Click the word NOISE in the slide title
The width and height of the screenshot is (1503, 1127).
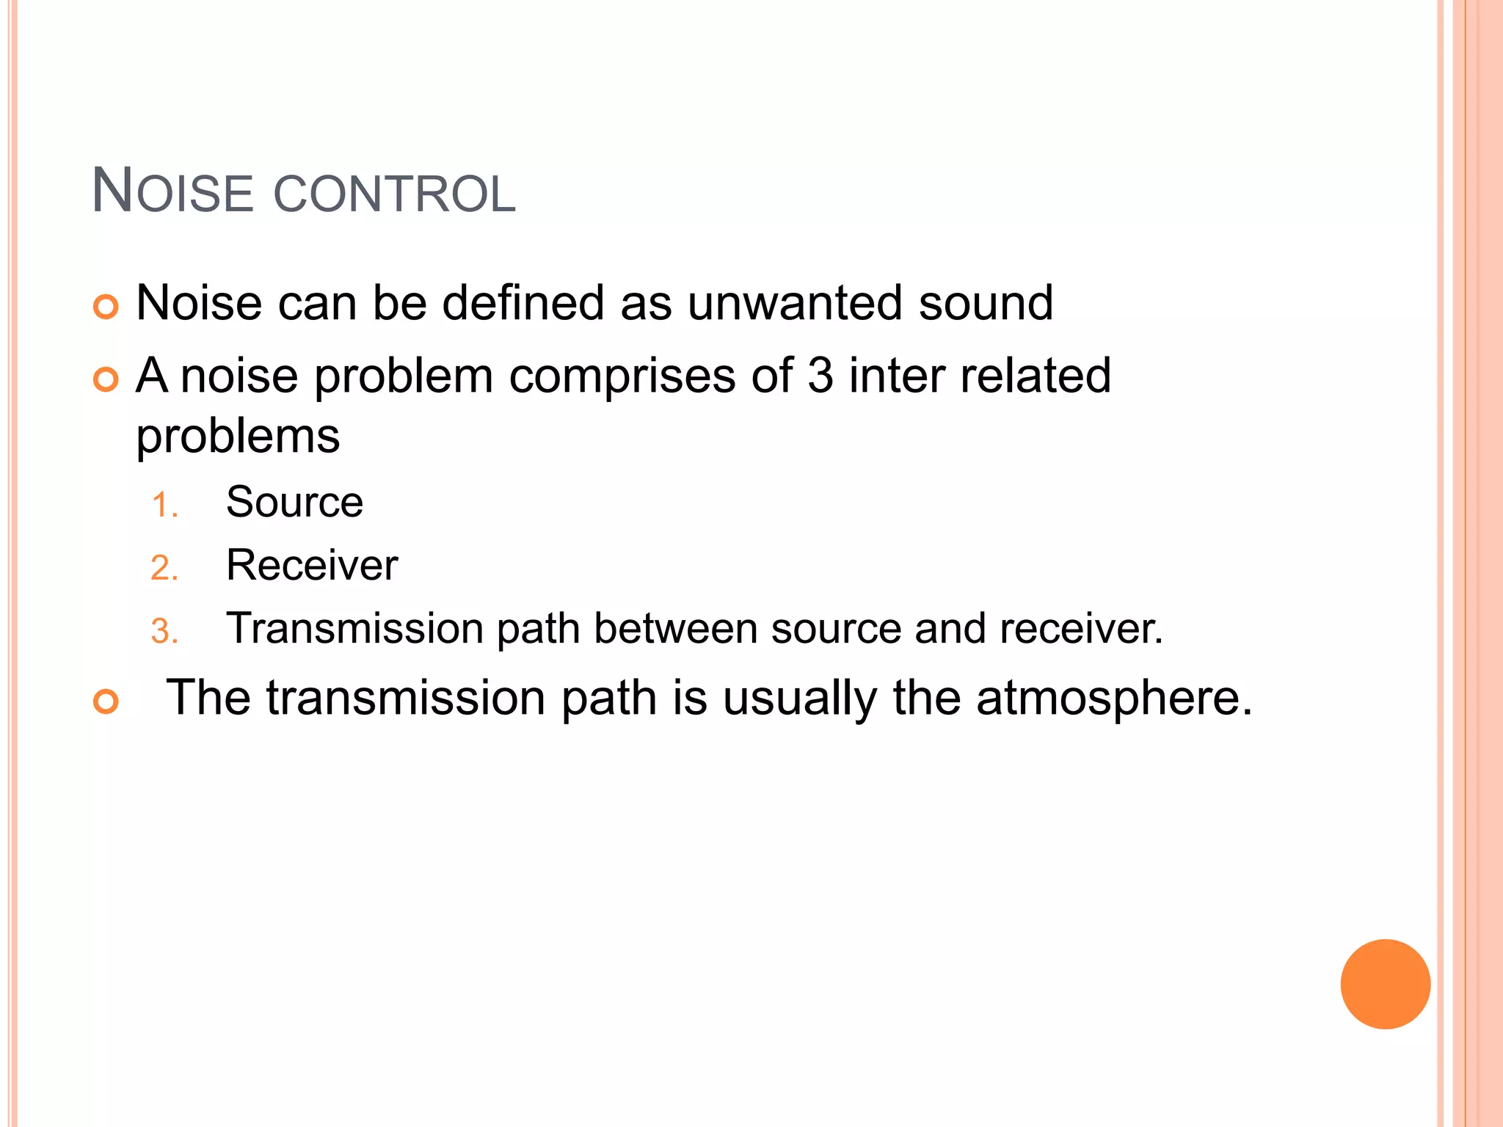tap(172, 192)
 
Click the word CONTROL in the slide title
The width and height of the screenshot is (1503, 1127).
tap(395, 194)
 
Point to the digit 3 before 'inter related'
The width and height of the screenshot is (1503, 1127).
tap(820, 376)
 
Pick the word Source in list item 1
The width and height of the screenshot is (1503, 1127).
tap(294, 503)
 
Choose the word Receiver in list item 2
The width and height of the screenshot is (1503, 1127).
tap(312, 566)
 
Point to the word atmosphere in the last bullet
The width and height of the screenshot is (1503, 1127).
tap(1113, 698)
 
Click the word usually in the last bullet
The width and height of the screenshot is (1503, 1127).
tap(799, 698)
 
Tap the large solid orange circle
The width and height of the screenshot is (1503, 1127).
tap(1385, 984)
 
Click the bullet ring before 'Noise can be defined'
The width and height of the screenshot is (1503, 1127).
tap(106, 307)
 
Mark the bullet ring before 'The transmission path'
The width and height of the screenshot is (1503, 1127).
tap(106, 701)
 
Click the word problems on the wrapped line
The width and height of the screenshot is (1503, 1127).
tap(238, 437)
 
